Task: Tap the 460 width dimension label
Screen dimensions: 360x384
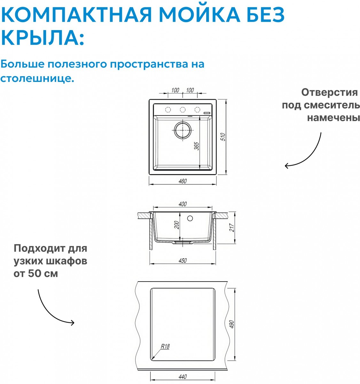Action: tap(183, 181)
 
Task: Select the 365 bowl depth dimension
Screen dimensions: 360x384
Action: tap(196, 146)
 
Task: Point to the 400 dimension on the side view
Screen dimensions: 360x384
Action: tap(183, 204)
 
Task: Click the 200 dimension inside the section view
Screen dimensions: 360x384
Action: tap(177, 225)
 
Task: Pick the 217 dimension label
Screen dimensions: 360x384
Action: tap(232, 228)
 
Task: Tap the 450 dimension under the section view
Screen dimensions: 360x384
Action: tap(183, 261)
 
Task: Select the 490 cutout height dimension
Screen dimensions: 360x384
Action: tap(232, 324)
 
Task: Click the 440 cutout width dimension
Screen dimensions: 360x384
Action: tap(183, 377)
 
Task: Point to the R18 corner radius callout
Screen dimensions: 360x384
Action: tap(165, 346)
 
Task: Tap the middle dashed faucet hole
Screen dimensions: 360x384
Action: tap(183, 110)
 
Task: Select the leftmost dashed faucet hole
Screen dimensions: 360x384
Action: tap(168, 110)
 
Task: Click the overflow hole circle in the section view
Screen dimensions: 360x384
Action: tap(190, 219)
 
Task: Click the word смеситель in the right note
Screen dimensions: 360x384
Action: tap(332, 105)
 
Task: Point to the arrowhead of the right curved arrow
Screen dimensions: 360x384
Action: tap(287, 166)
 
